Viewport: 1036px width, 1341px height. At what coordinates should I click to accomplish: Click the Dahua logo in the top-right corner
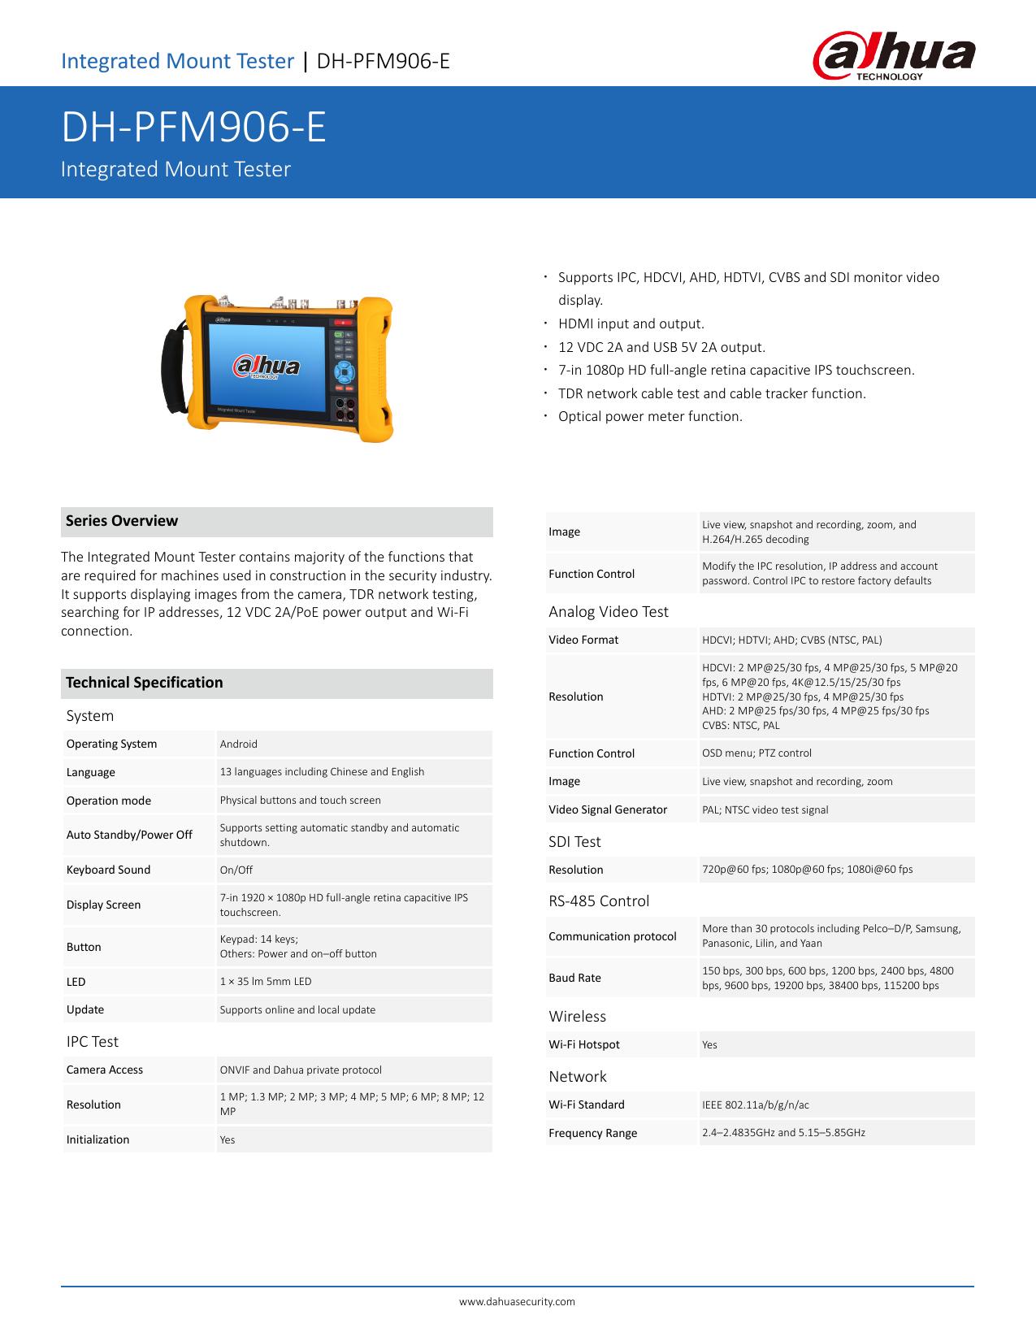tap(894, 59)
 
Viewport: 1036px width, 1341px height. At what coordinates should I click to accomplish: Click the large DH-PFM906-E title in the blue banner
tap(194, 128)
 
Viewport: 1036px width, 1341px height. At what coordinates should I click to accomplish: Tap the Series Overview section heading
tap(122, 521)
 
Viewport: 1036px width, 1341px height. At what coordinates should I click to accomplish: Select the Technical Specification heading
tap(145, 683)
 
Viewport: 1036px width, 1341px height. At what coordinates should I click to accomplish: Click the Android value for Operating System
tap(239, 744)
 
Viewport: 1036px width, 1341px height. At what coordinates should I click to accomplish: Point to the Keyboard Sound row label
tap(108, 870)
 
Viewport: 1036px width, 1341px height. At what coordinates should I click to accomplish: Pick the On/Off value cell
tap(236, 870)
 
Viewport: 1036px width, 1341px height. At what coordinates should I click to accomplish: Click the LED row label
tap(76, 982)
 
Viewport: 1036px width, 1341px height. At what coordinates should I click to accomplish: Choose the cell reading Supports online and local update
tap(297, 1009)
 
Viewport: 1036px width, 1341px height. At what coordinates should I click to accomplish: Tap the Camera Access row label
tap(104, 1070)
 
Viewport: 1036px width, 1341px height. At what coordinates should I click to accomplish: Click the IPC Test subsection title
tap(92, 1041)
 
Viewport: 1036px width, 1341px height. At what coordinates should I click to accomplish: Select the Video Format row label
tap(583, 640)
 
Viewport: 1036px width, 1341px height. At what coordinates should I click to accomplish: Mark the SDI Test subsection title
tap(574, 841)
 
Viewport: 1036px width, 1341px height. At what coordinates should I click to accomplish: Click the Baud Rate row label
tap(574, 978)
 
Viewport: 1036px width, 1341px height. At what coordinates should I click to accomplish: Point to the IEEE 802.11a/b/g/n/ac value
tap(756, 1104)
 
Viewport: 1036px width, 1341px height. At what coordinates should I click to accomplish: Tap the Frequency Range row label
tap(592, 1133)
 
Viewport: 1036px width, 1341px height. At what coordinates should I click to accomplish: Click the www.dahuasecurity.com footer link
tap(517, 1301)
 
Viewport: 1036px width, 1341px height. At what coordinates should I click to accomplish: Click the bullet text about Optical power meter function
tap(650, 416)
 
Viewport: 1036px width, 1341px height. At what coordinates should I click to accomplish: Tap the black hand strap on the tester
tap(174, 371)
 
